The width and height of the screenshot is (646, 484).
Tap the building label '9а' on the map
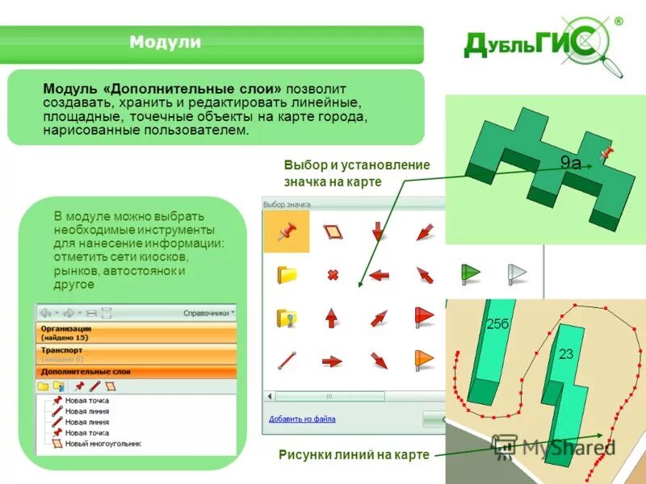[571, 163]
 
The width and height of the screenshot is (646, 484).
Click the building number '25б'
[498, 323]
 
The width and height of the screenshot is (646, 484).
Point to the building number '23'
[565, 353]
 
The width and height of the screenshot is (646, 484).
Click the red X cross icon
[332, 275]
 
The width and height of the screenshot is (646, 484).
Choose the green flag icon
[470, 272]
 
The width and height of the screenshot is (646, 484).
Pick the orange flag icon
[424, 358]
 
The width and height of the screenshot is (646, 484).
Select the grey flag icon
[516, 273]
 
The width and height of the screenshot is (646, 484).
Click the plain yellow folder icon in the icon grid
[287, 275]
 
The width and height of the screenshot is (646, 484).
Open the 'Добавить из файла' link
[302, 419]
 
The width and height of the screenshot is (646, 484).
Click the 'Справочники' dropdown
[209, 312]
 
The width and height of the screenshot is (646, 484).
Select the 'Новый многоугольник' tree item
[103, 444]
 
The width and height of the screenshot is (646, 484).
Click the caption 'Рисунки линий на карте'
[354, 454]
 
